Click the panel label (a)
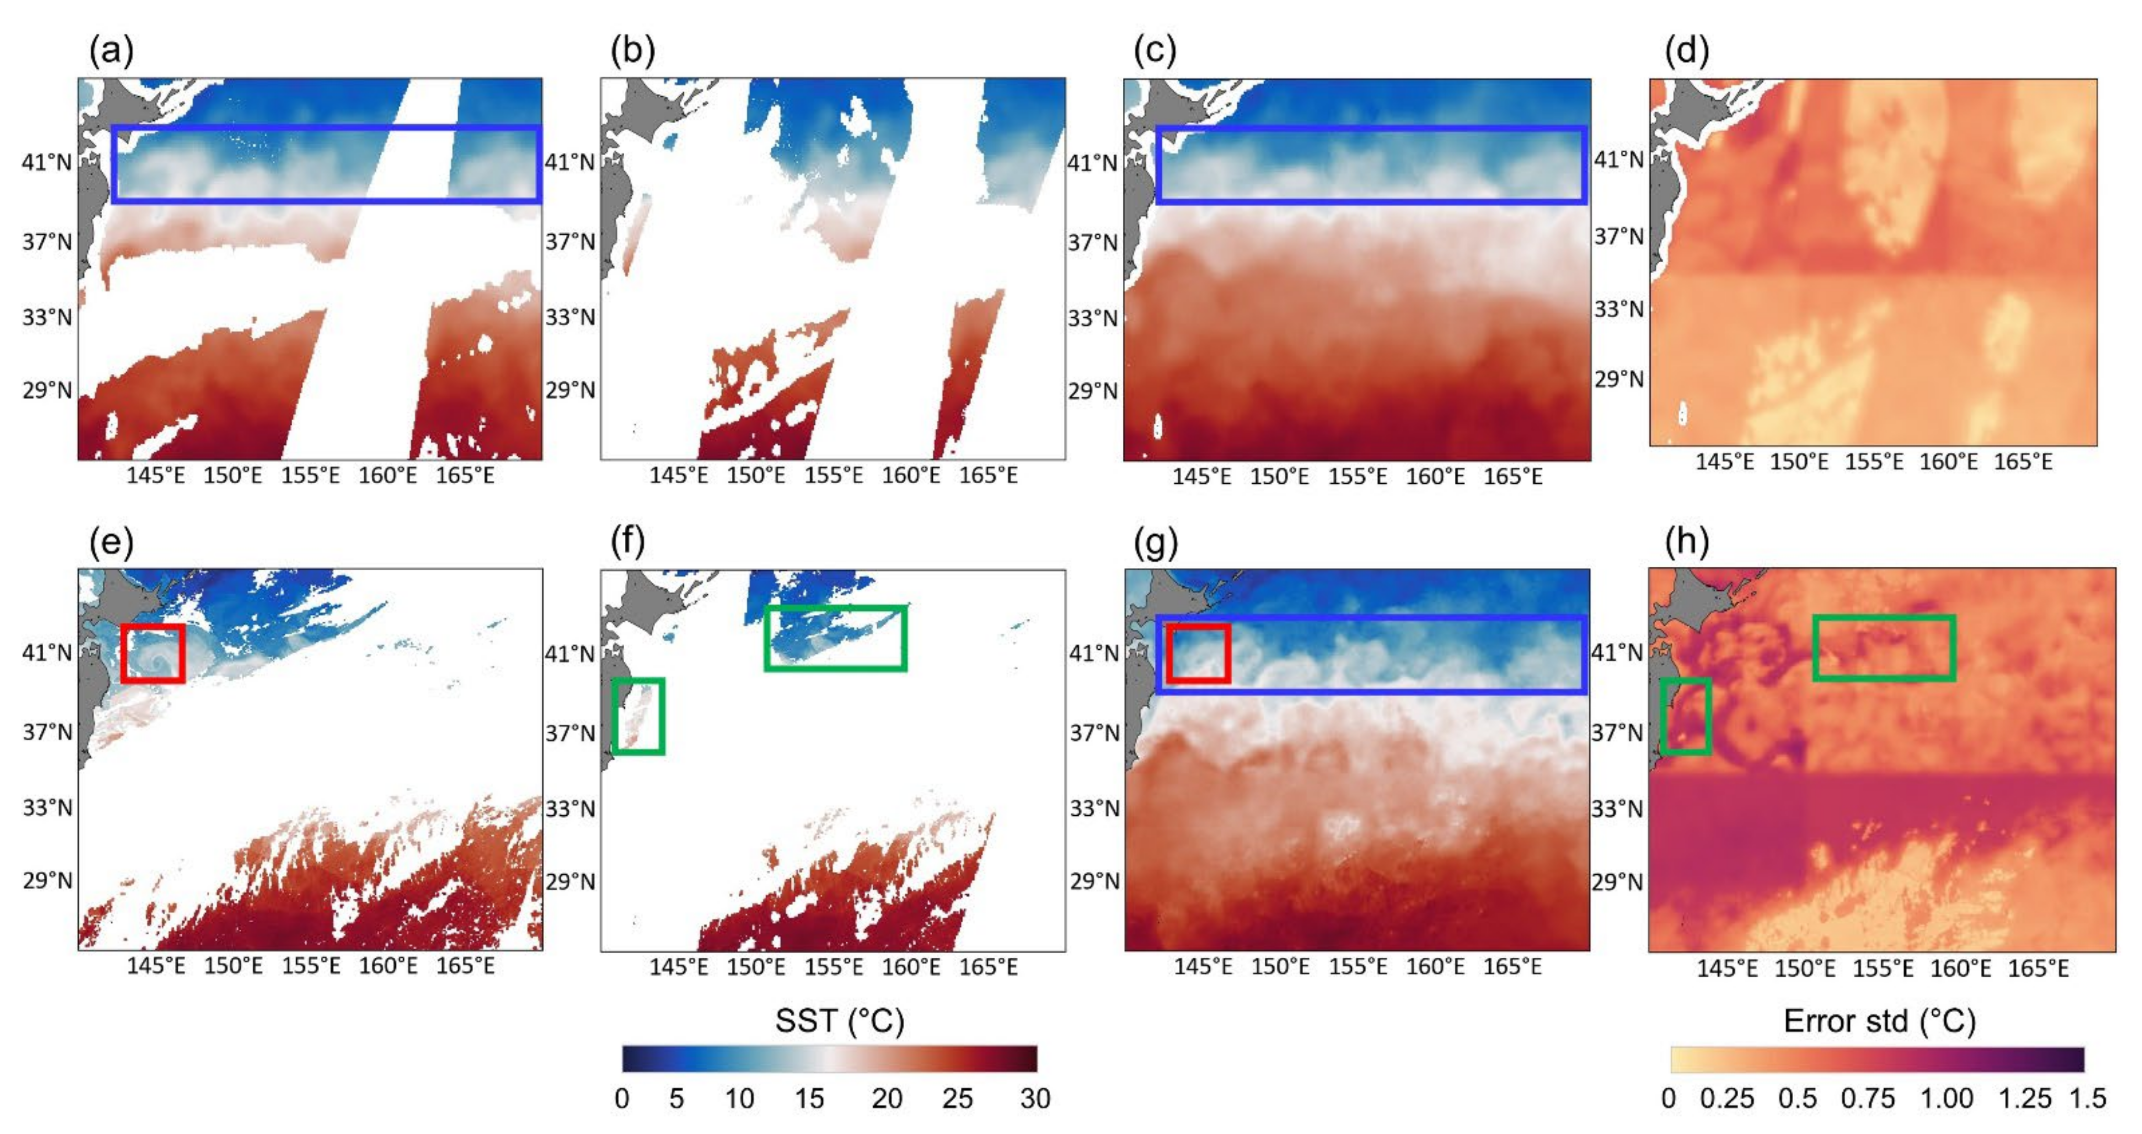111,52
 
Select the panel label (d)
1686,52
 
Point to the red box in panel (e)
152,654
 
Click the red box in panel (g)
1198,654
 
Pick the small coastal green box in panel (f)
638,716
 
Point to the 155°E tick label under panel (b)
833,475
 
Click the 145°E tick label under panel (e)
156,966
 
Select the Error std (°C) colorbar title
1879,1021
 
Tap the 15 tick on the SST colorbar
809,1099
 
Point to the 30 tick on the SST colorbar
1035,1099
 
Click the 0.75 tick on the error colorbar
1867,1099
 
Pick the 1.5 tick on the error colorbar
2087,1099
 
